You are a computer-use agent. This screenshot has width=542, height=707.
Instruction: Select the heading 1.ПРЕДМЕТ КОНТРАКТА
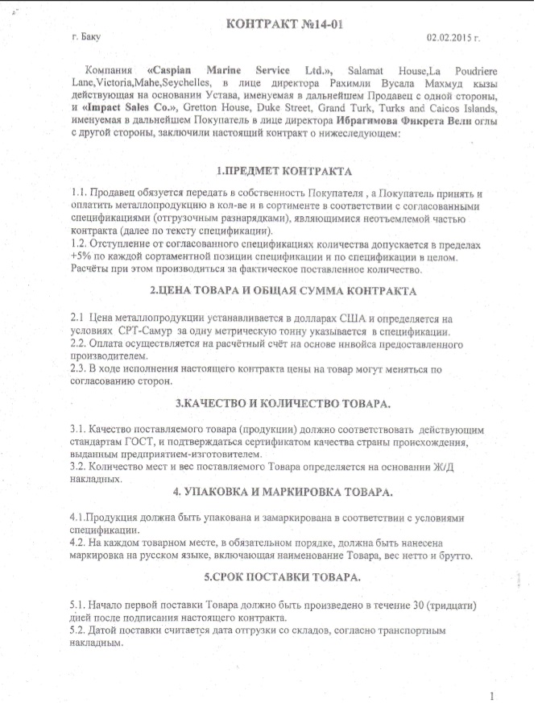pyautogui.click(x=274, y=172)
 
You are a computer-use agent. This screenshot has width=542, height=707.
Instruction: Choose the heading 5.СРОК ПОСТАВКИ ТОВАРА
pyautogui.click(x=274, y=579)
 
